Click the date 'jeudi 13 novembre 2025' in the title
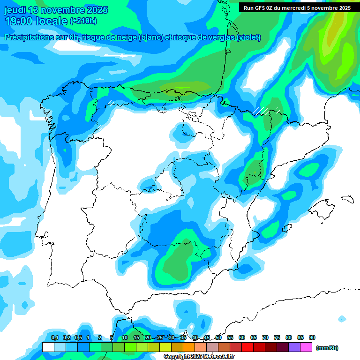56,10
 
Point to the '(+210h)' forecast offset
83,21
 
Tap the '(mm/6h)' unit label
327,348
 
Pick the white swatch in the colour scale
48,347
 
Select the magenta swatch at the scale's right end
307,347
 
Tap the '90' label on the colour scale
312,337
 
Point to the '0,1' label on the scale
54,337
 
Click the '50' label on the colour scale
218,337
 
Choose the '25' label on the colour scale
160,337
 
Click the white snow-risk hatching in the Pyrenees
261,111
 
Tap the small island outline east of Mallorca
347,199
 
